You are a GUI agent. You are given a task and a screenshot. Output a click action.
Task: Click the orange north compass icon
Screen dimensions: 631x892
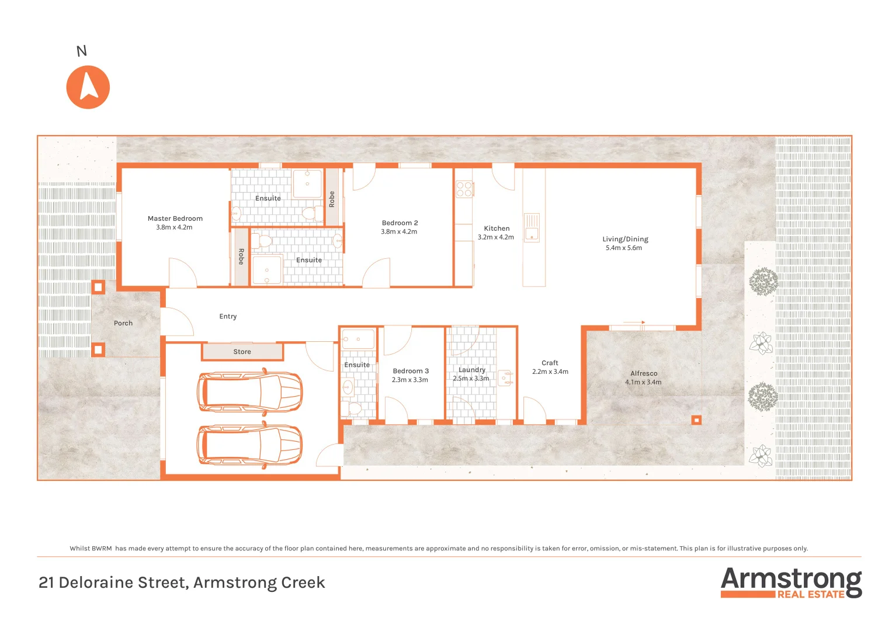tap(88, 87)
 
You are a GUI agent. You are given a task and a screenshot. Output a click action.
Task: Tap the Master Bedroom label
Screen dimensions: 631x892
tap(175, 219)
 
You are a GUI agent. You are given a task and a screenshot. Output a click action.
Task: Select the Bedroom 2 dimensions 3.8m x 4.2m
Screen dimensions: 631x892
tap(399, 232)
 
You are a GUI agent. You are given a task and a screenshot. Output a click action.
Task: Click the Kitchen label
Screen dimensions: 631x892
tap(497, 228)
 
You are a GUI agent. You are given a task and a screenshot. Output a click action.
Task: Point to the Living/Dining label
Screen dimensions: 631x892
tap(625, 239)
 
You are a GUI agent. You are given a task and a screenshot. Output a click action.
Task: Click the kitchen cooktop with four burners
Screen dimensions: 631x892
tap(464, 189)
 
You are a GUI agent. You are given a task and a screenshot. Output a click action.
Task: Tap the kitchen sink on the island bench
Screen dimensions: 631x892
tap(532, 228)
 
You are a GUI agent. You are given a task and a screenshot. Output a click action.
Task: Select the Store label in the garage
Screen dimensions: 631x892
tap(242, 352)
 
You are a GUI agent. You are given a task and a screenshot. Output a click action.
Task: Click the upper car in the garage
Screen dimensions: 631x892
tap(250, 391)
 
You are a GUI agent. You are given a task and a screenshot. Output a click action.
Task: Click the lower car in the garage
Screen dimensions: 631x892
tap(250, 445)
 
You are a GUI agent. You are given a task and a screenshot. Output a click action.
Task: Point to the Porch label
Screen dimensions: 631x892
tap(123, 323)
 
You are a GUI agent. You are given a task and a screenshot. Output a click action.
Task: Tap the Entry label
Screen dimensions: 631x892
tap(228, 317)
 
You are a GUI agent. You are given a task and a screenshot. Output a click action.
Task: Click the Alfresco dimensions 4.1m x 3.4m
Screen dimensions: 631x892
tap(643, 382)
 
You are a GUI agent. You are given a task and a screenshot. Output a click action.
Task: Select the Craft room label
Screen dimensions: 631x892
tap(550, 363)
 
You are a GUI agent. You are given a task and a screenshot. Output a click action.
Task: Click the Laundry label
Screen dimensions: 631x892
tap(471, 370)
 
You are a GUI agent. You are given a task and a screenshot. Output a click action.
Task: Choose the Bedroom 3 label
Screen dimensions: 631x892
tap(411, 371)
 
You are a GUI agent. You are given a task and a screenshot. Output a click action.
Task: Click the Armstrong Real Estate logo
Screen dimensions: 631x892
tap(791, 583)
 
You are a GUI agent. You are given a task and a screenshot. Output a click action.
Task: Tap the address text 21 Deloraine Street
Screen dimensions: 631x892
tap(181, 583)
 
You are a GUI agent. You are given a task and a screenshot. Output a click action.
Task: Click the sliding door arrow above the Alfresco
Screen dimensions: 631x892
tap(634, 322)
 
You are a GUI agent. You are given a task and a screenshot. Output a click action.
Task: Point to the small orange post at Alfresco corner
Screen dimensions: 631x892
tap(696, 419)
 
